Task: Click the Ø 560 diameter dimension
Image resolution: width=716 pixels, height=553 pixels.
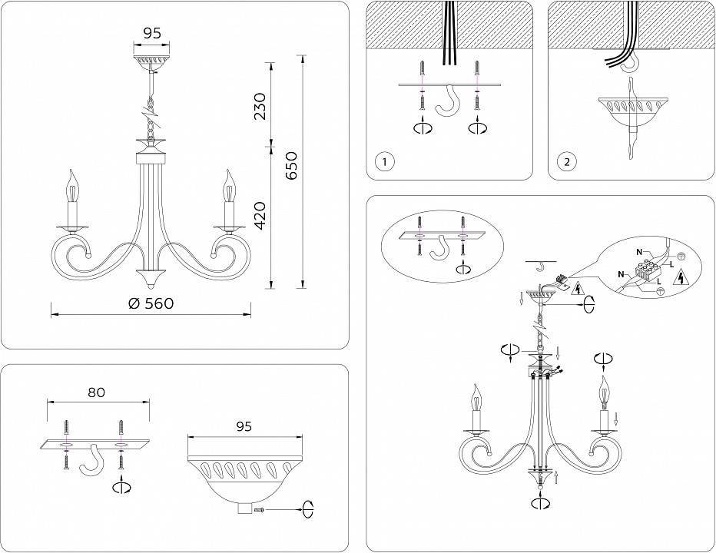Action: [151, 303]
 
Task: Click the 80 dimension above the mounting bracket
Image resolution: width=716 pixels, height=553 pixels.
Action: [96, 392]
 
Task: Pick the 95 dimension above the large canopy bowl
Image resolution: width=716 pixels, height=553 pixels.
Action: [244, 426]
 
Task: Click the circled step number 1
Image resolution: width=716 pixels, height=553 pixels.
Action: [385, 162]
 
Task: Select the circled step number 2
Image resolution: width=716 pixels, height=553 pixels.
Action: [566, 162]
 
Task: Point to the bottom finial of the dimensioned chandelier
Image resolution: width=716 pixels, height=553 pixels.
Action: [151, 277]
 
